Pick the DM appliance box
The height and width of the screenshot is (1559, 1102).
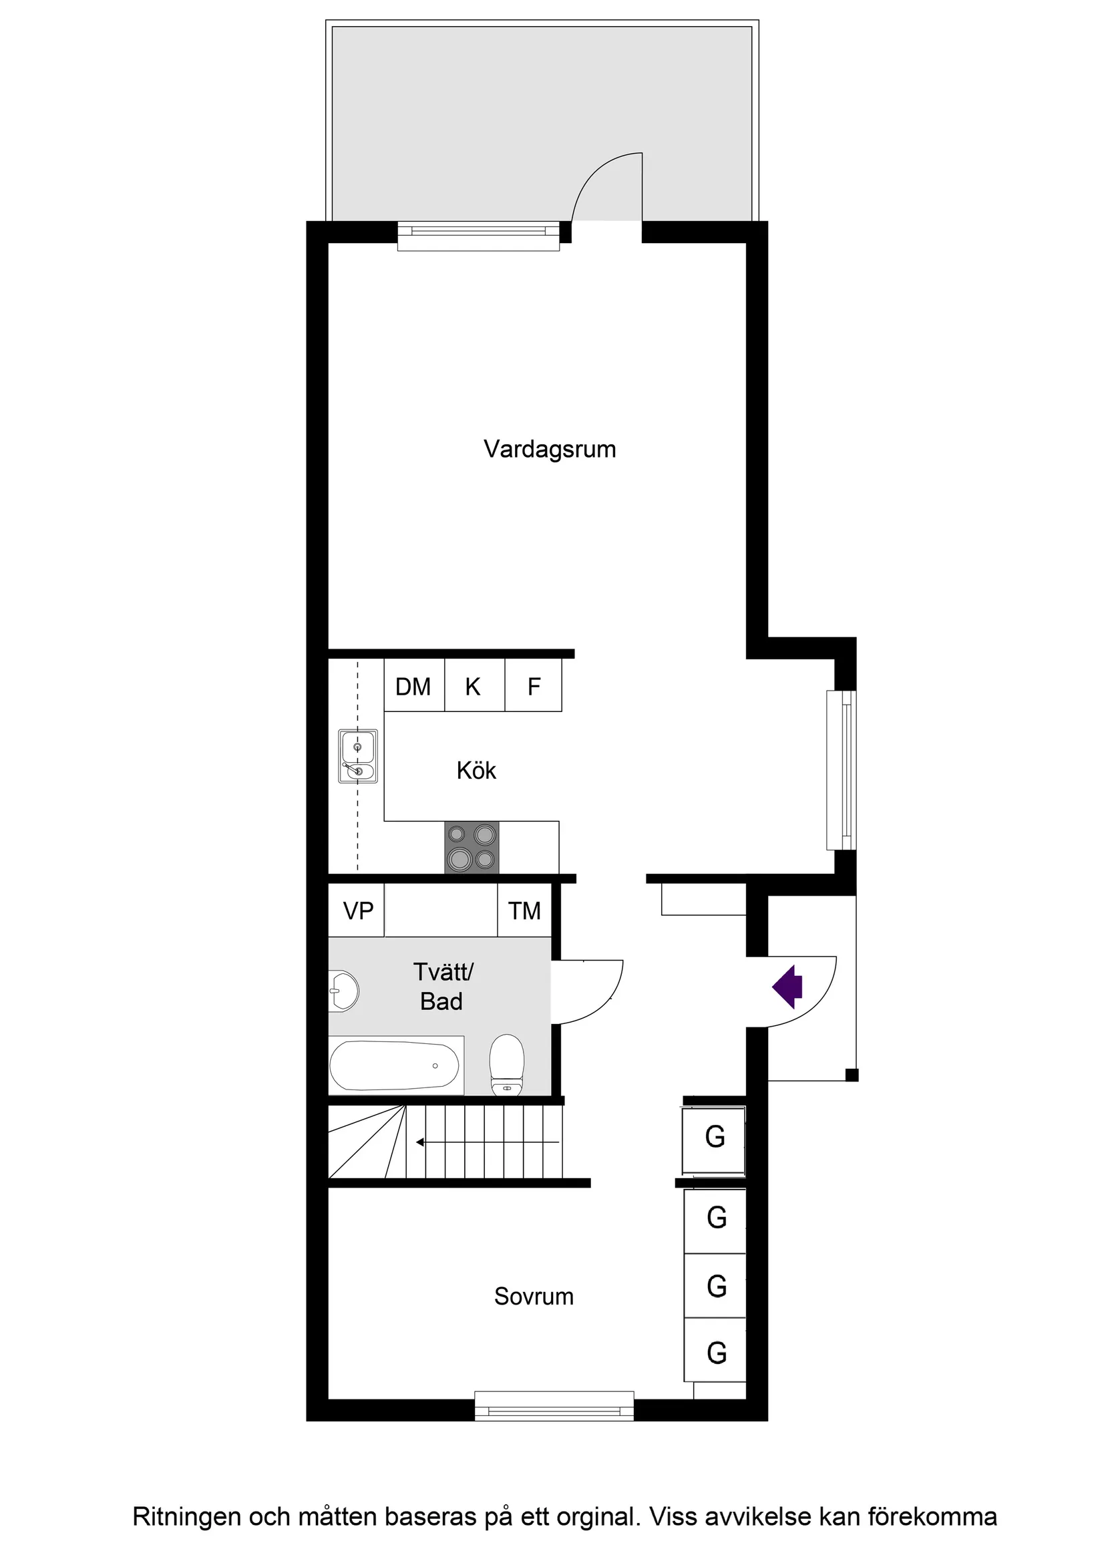413,687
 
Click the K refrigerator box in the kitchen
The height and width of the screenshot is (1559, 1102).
474,687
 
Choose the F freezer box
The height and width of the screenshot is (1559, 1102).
534,687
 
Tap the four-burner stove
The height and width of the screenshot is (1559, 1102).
472,848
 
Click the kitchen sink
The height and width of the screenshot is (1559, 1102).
358,756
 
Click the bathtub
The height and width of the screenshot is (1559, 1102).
395,1066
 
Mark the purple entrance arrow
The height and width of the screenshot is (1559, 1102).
788,986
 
